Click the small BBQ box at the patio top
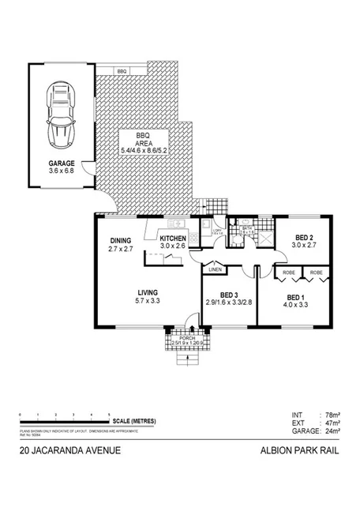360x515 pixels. pos(122,71)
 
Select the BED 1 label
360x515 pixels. pos(296,298)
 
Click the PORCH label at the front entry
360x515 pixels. pos(186,339)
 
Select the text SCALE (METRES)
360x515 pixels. pos(140,421)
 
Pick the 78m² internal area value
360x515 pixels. pos(335,415)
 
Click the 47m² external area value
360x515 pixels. pos(335,423)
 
